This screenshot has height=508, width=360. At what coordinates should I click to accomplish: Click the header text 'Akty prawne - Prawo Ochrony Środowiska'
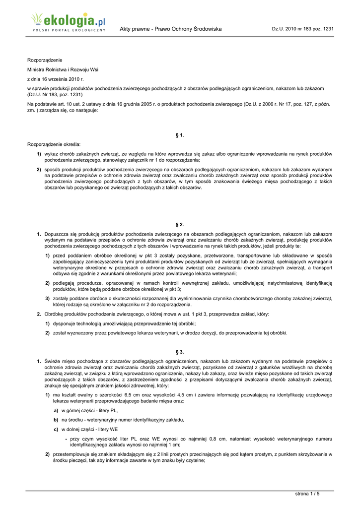coord(170,29)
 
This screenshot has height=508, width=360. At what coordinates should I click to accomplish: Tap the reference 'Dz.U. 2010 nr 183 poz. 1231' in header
coord(302,29)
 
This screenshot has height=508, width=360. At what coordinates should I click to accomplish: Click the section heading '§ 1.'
coord(180,135)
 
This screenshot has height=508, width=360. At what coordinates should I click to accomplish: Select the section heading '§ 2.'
coord(180,225)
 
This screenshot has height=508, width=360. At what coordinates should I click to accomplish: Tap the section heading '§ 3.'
coord(180,352)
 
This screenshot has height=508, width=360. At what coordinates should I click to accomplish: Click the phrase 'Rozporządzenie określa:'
coord(54,144)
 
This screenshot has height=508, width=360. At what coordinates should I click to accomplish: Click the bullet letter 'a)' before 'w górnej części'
coord(56,411)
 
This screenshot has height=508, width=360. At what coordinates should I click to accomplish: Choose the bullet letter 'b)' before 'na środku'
coord(56,420)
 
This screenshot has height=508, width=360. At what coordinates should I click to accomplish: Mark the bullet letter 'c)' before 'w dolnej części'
coord(56,429)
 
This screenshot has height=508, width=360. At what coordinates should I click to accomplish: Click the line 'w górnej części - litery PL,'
coord(90,411)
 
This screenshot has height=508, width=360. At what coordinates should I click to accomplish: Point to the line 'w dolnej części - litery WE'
coord(90,429)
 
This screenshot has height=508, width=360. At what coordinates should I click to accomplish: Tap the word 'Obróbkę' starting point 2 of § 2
coord(54,314)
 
